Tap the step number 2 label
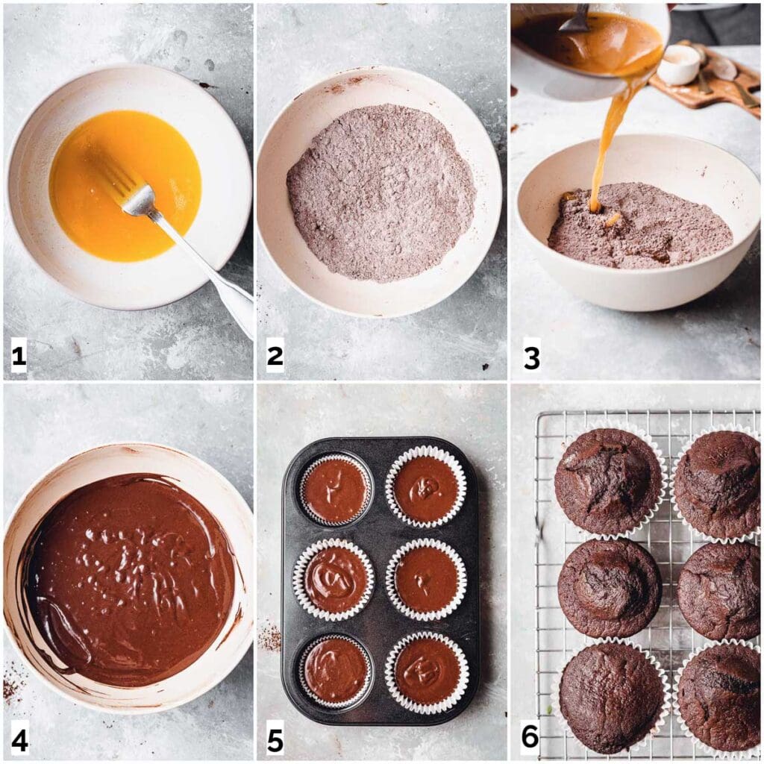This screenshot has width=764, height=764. point(275,357)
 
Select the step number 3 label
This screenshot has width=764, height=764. point(530,357)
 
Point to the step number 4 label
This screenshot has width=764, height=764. point(19,740)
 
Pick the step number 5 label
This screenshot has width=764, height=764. point(275,740)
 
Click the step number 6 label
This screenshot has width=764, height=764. point(530,737)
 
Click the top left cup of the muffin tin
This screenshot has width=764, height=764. point(336,490)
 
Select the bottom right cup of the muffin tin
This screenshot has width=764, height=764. point(427,671)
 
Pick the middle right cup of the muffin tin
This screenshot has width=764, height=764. point(426,579)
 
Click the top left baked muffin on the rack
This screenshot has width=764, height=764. point(608,481)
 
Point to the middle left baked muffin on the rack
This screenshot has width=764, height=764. point(609,587)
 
